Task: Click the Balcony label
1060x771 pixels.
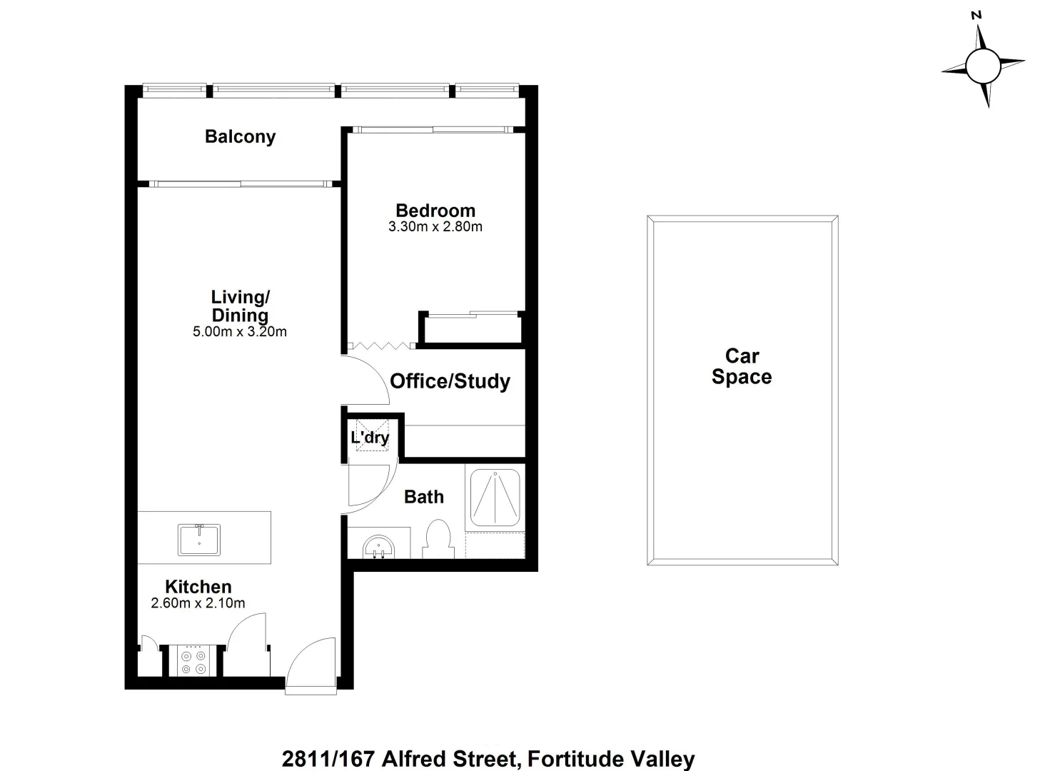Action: coord(240,136)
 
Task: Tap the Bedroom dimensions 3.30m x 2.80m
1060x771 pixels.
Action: coord(435,227)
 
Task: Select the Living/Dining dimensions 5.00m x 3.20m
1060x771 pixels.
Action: coord(240,331)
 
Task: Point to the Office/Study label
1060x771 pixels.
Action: coord(450,381)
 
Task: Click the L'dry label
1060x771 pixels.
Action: coord(370,438)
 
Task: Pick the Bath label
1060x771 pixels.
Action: coord(424,497)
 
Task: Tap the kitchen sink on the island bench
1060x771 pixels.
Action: coord(199,539)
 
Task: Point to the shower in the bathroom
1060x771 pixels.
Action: coord(495,497)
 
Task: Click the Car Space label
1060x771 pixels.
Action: coord(742,366)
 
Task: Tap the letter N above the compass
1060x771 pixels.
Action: coord(976,14)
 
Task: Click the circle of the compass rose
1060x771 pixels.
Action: coord(982,66)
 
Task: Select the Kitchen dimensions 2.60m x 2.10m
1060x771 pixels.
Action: coord(198,603)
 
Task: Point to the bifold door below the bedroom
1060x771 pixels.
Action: coord(380,346)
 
